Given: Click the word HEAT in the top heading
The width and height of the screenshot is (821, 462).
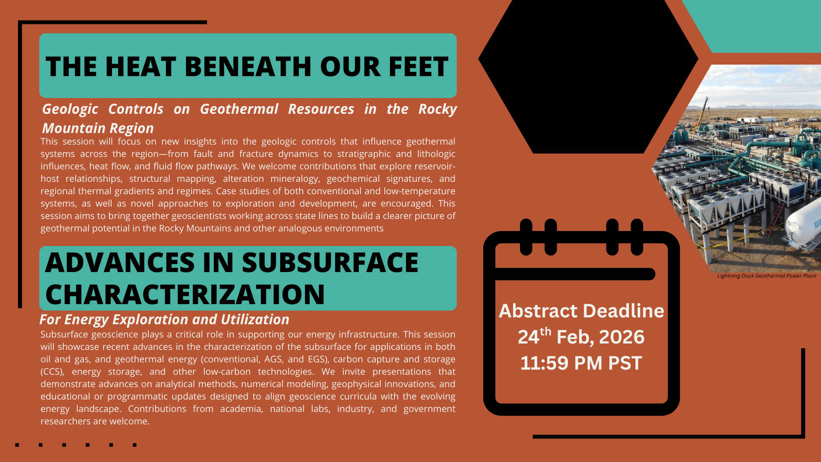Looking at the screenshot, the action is [x=140, y=67].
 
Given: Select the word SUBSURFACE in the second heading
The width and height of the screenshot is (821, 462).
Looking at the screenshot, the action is [x=330, y=262].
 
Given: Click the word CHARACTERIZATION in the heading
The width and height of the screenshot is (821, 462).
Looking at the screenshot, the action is [x=185, y=294].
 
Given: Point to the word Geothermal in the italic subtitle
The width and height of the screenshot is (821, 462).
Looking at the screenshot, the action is [x=239, y=109].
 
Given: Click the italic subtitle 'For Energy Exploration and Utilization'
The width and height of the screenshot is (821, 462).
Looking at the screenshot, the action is [x=164, y=320].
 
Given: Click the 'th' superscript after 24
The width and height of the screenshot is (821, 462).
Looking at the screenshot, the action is [x=545, y=332].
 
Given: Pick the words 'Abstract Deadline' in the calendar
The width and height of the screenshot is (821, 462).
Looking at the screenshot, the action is [x=582, y=311].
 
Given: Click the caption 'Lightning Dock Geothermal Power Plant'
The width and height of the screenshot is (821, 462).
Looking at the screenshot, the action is [x=766, y=276].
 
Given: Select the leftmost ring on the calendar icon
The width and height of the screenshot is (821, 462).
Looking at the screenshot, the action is [x=526, y=237].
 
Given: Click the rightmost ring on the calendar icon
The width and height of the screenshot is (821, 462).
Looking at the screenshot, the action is [x=637, y=237].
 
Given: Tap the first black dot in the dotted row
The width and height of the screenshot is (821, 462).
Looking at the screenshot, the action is [x=17, y=445].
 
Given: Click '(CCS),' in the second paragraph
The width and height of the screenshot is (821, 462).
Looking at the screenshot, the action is [x=53, y=372].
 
